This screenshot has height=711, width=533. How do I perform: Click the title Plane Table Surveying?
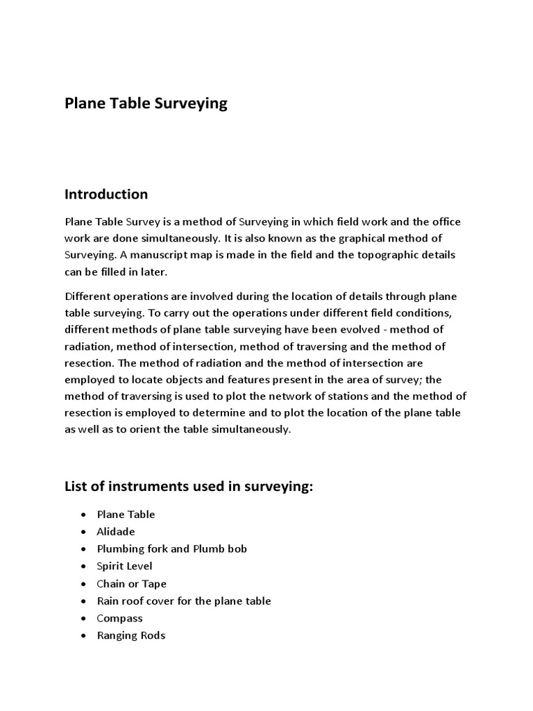pyautogui.click(x=146, y=103)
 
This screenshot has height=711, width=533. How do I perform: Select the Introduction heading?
pyautogui.click(x=106, y=194)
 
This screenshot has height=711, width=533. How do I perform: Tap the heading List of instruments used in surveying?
pyautogui.click(x=189, y=487)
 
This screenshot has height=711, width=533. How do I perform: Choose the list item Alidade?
pyautogui.click(x=116, y=532)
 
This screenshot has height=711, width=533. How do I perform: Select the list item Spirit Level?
pyautogui.click(x=124, y=567)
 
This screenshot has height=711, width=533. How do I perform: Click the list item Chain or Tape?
pyautogui.click(x=132, y=584)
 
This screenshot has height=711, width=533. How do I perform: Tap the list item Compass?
pyautogui.click(x=119, y=618)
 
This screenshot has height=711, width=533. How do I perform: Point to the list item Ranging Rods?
pyautogui.click(x=131, y=635)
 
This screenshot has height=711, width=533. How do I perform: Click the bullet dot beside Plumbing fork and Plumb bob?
pyautogui.click(x=83, y=549)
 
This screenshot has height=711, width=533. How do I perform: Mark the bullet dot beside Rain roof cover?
pyautogui.click(x=83, y=601)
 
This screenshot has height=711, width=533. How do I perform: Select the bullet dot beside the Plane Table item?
pyautogui.click(x=83, y=515)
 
